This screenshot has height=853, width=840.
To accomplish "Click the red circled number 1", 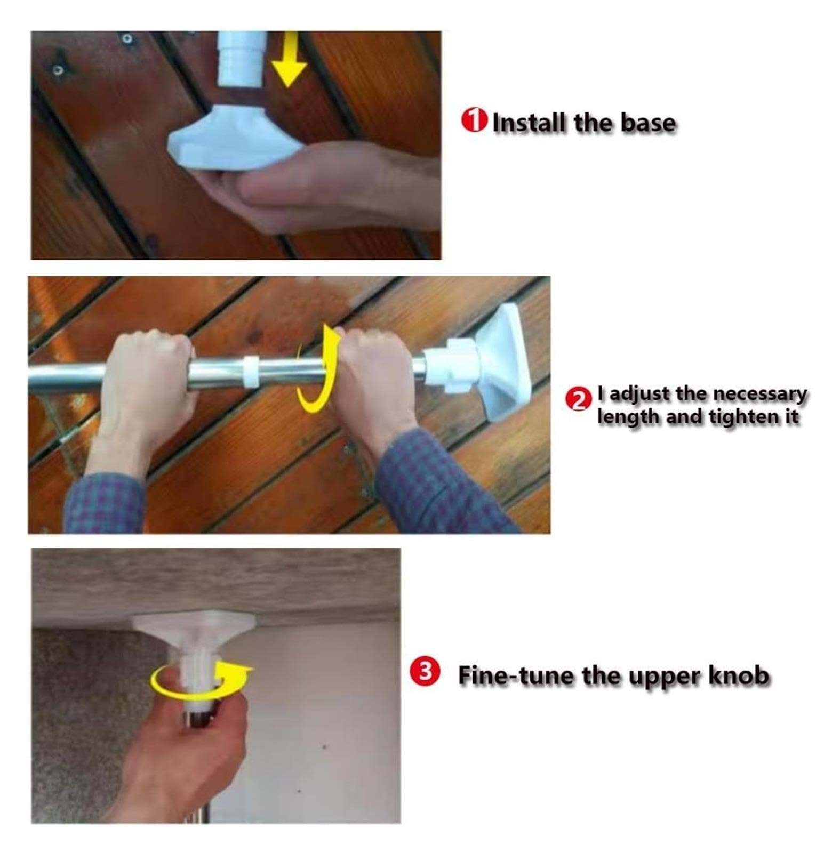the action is click(474, 120).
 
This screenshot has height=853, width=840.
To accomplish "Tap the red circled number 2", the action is click(578, 400).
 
